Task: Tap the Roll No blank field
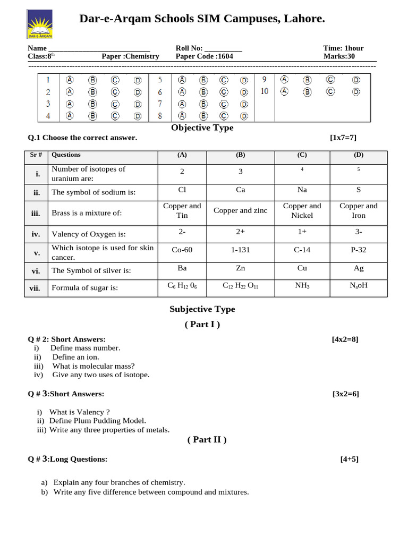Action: click(x=223, y=49)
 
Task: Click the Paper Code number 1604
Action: click(x=226, y=56)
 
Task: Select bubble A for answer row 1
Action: click(x=70, y=80)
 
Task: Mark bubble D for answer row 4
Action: click(x=138, y=115)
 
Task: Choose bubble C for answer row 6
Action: click(x=224, y=92)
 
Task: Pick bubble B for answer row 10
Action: click(x=307, y=91)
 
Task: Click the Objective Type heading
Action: click(x=202, y=127)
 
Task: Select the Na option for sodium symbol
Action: click(x=302, y=190)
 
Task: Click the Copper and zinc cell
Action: click(x=240, y=210)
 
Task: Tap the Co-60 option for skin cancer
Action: click(x=182, y=250)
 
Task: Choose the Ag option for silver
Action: click(x=359, y=268)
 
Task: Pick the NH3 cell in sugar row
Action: click(x=302, y=286)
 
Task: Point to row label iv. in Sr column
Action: click(x=37, y=233)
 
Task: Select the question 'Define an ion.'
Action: click(x=75, y=357)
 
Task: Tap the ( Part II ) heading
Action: click(x=207, y=439)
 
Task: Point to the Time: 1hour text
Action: click(x=343, y=48)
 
